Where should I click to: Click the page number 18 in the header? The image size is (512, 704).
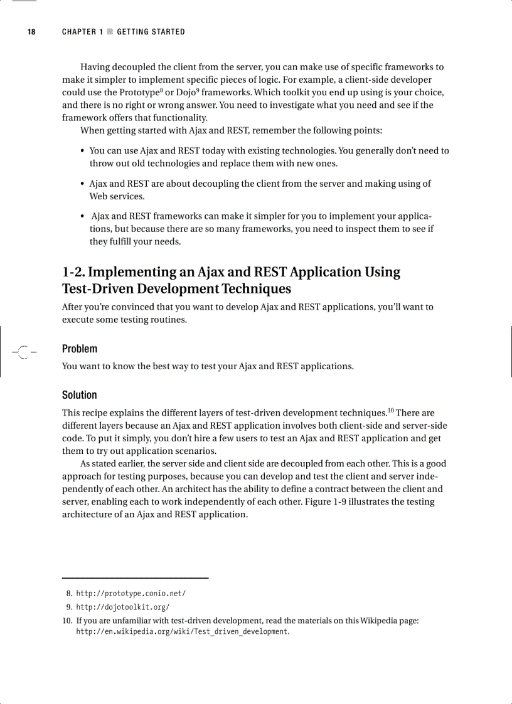point(31,32)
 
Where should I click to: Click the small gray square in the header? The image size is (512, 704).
point(110,32)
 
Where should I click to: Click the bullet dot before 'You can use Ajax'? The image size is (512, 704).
point(83,151)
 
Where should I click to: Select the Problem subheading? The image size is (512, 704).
point(80,349)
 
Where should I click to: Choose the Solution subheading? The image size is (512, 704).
point(80,395)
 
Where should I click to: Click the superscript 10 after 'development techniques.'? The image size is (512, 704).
point(390,411)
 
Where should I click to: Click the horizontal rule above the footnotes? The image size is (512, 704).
point(135,578)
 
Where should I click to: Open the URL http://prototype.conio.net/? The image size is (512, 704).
point(131,593)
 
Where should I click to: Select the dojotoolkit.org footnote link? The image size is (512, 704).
point(122,607)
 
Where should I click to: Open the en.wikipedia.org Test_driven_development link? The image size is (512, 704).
point(182,631)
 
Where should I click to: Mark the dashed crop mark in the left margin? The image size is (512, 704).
point(23,352)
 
